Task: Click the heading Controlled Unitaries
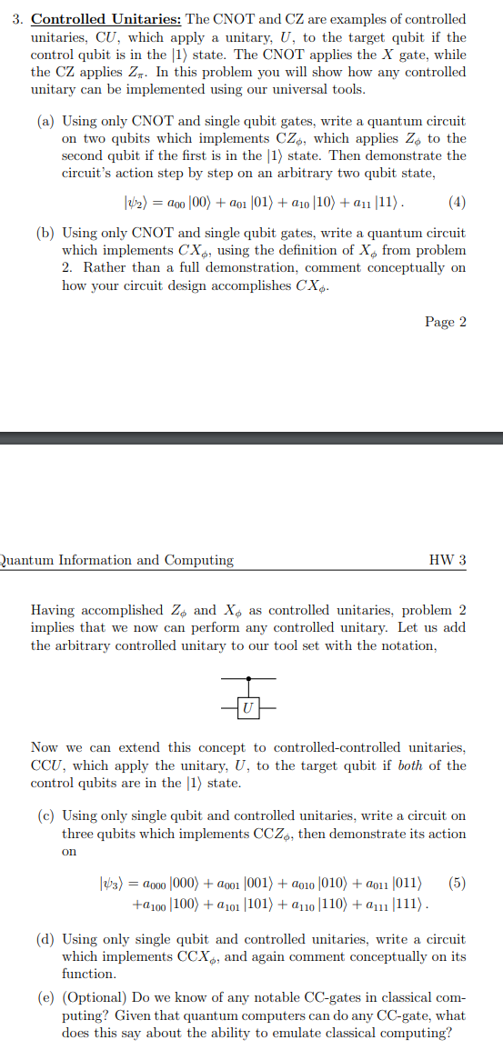click(104, 19)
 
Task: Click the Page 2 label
click(446, 322)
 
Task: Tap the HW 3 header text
click(448, 560)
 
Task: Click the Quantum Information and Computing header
click(116, 560)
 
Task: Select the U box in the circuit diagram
click(248, 705)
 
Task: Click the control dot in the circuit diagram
click(248, 678)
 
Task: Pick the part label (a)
click(47, 121)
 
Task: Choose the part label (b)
click(47, 233)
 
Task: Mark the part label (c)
click(47, 816)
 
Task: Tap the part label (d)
click(47, 939)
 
